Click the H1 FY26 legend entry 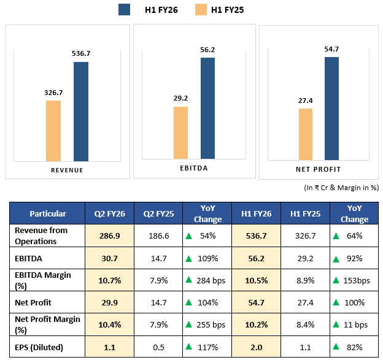coord(150,9)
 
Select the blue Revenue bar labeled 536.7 coord(81,111)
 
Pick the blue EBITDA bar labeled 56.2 coord(207,108)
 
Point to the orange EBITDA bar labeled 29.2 coord(180,132)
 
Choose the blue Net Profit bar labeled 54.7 coord(331,107)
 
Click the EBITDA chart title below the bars coord(195,166)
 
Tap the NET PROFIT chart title coord(318,169)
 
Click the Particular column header coord(47,213)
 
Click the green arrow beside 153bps coord(336,280)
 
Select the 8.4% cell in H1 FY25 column coord(305,324)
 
